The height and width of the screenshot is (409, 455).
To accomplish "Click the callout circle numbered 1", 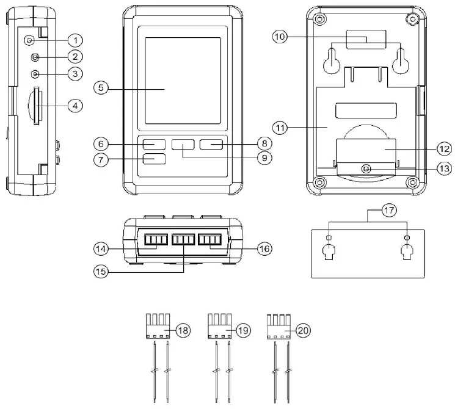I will pos(75,40).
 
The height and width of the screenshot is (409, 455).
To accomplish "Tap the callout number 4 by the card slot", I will pos(75,106).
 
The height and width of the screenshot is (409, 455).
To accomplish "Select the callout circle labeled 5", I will pos(101,87).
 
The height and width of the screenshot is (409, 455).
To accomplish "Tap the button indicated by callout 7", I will pos(155,159).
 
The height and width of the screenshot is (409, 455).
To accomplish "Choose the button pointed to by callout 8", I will pos(211,145).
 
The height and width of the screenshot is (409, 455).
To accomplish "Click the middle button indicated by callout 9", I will pos(183,145).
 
